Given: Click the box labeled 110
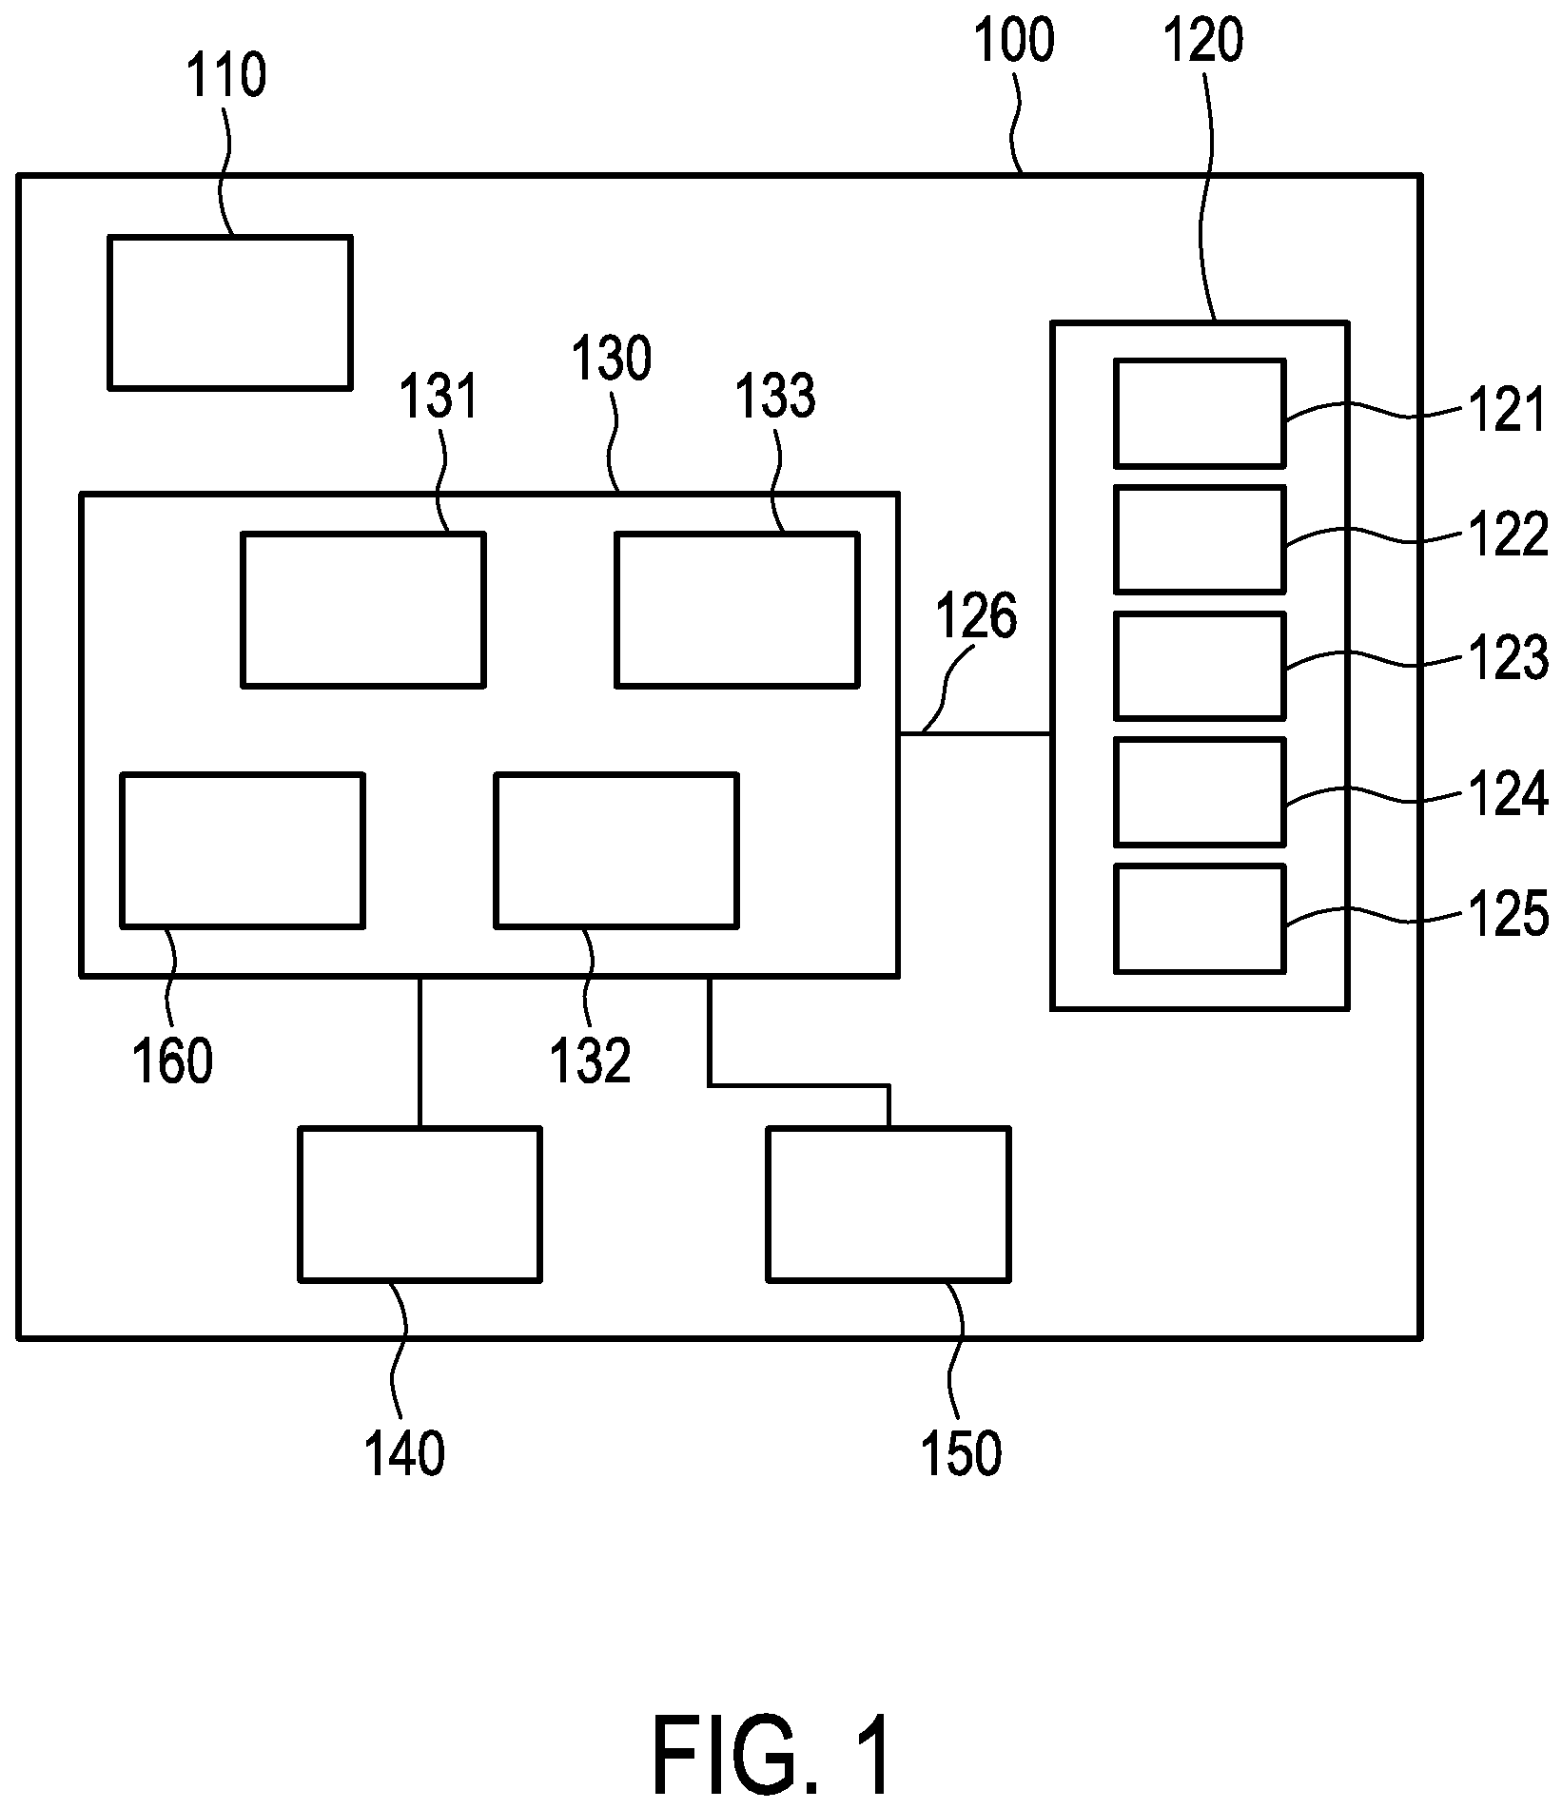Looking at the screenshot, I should (230, 312).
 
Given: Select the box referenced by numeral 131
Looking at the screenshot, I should (363, 610).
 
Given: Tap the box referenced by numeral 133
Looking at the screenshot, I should (737, 610).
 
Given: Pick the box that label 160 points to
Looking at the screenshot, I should (243, 849).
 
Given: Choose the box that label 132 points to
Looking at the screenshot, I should (616, 849).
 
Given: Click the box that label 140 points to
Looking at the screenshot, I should (420, 1204).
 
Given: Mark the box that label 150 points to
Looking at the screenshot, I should (888, 1204).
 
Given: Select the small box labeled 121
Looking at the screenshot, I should (1200, 414).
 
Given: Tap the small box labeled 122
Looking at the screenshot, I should (1200, 539).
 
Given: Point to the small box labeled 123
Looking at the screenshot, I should (1200, 666).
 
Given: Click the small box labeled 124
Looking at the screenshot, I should (1200, 791).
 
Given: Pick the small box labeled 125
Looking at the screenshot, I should (1200, 918).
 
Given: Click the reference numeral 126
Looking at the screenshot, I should (976, 616).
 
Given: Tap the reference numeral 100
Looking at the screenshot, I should (1015, 43).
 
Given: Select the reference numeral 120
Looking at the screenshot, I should (1203, 43).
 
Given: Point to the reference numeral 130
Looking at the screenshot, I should (612, 360).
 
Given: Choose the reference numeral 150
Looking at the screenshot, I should (962, 1452).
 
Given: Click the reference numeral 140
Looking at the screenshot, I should (405, 1452).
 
